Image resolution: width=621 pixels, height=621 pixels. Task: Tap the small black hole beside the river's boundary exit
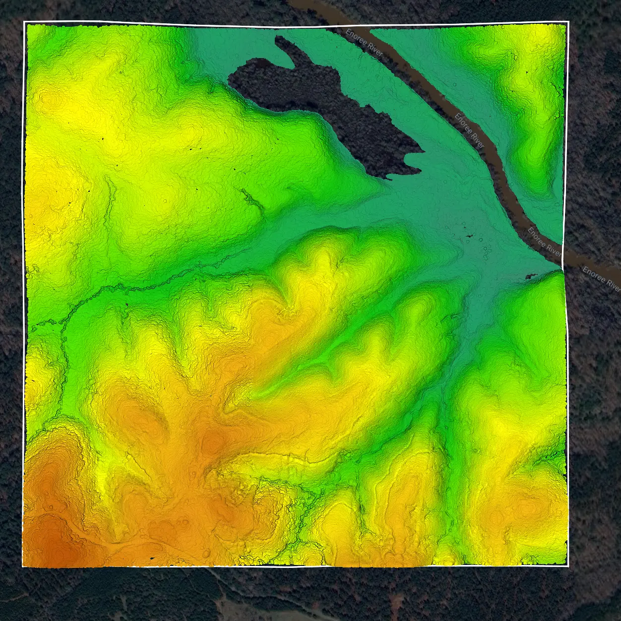(x=530, y=276)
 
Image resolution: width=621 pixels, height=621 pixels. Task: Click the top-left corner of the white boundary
(x=24, y=22)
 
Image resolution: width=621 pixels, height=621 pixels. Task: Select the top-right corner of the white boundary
(x=568, y=21)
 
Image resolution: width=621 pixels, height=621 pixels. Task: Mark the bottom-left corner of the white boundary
(x=23, y=566)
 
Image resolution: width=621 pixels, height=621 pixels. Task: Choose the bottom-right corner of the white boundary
(x=567, y=565)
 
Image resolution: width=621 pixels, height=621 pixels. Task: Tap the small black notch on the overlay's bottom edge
(x=152, y=559)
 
